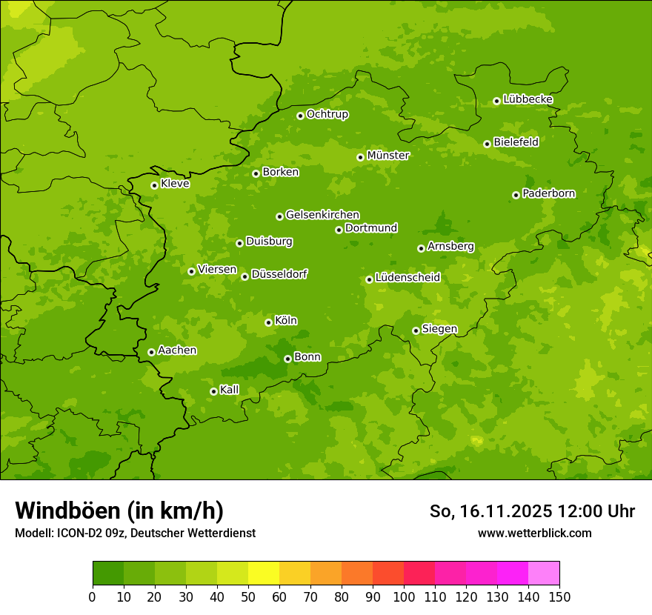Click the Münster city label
click(x=387, y=156)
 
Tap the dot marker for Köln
click(x=268, y=322)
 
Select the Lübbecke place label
click(x=528, y=99)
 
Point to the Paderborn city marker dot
click(x=516, y=195)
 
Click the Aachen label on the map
click(x=177, y=350)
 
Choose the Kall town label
click(x=230, y=390)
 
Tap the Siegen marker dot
click(x=416, y=330)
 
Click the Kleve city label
click(x=175, y=184)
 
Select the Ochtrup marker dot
click(x=300, y=116)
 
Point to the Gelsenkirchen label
click(x=322, y=215)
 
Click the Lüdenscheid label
click(x=408, y=278)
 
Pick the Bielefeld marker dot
click(x=487, y=144)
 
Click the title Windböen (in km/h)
click(x=119, y=511)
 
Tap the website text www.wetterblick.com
click(x=534, y=533)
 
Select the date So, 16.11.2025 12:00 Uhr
click(x=532, y=511)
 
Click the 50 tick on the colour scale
click(x=248, y=597)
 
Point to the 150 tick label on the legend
click(x=559, y=597)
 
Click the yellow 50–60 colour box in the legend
click(x=264, y=574)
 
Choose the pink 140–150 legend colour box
click(x=544, y=574)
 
